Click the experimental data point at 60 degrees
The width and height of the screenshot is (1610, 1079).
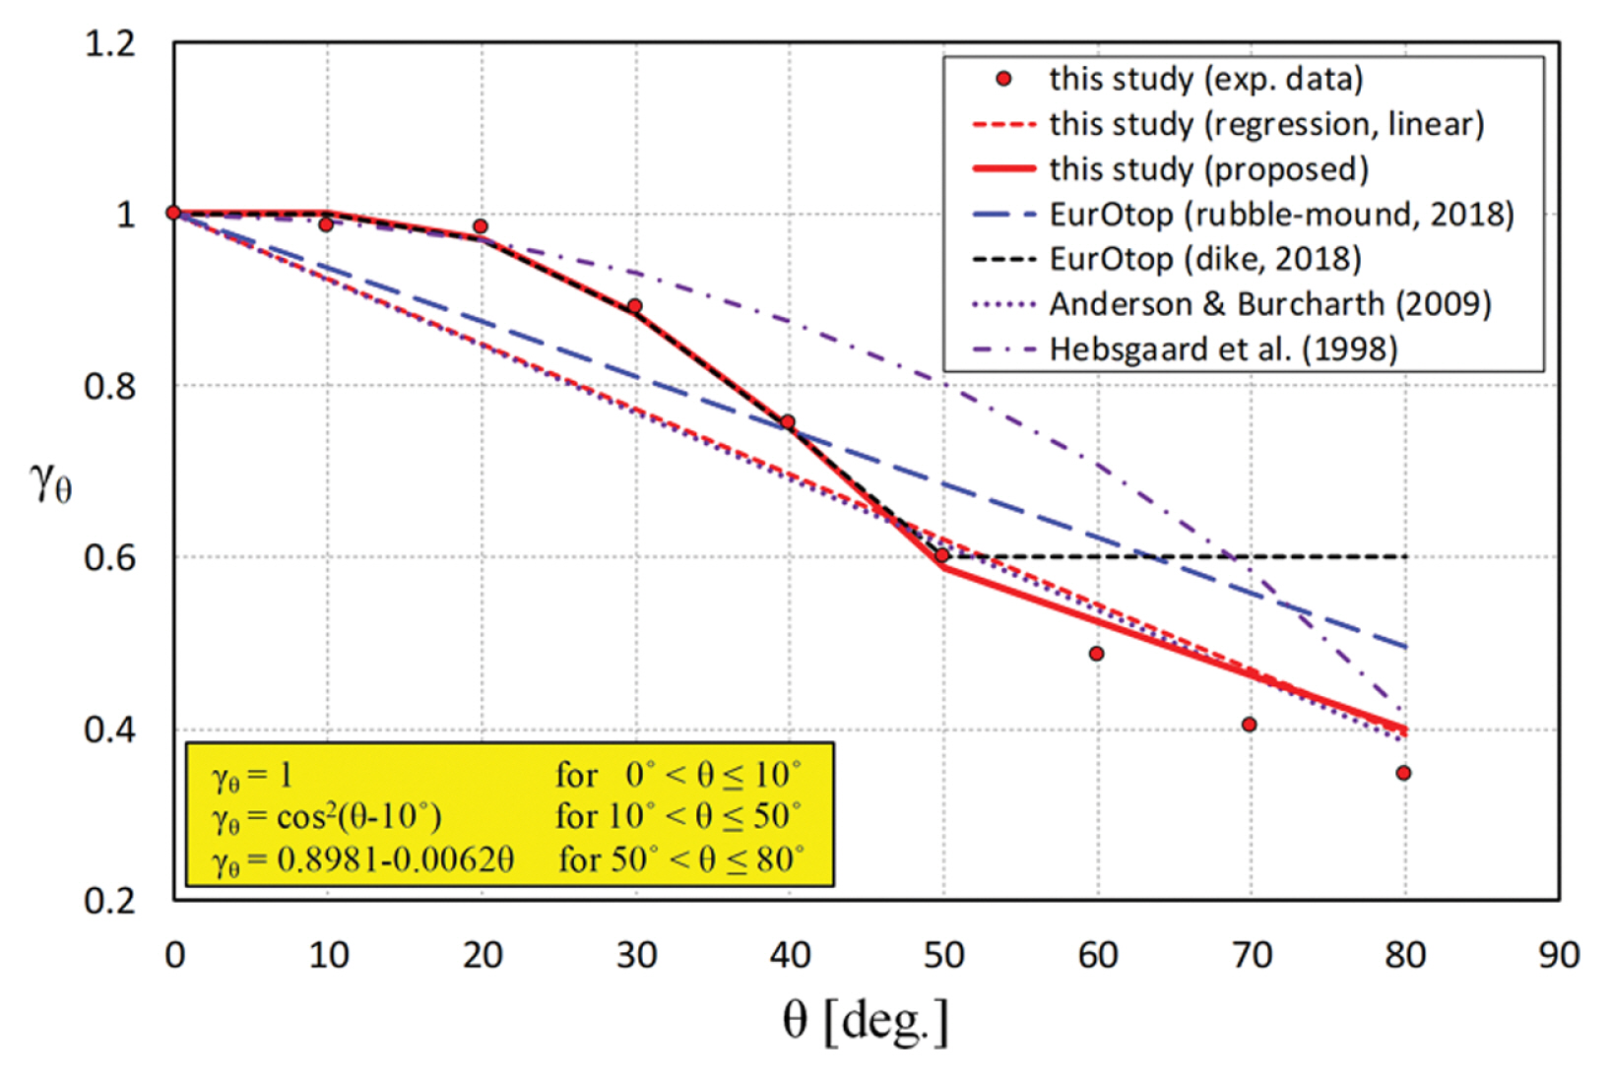[1096, 654]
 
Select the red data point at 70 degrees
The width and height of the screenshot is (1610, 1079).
[1249, 725]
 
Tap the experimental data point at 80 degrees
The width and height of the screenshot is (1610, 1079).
[1403, 773]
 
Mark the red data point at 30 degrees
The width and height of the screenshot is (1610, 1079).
[635, 306]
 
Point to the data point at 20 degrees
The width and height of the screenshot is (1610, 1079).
[481, 226]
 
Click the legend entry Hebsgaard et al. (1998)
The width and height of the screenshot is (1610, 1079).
[1223, 349]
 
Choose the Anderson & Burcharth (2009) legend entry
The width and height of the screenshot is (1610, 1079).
[1269, 304]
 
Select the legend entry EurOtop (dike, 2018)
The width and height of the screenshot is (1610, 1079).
[1205, 259]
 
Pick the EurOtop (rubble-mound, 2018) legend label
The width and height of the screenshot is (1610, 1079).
[1281, 214]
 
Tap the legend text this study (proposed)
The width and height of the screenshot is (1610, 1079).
[1208, 169]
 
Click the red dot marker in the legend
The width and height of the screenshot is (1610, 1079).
[1003, 79]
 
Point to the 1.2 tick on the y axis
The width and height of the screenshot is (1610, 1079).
[109, 44]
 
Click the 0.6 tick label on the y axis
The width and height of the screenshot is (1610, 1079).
[109, 558]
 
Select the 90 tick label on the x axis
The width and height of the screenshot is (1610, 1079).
[1558, 955]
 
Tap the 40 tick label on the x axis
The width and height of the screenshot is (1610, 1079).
[789, 955]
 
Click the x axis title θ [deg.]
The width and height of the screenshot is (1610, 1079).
[866, 1021]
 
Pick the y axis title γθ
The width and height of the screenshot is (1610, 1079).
[51, 481]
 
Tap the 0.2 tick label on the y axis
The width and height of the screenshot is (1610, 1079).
[109, 901]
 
